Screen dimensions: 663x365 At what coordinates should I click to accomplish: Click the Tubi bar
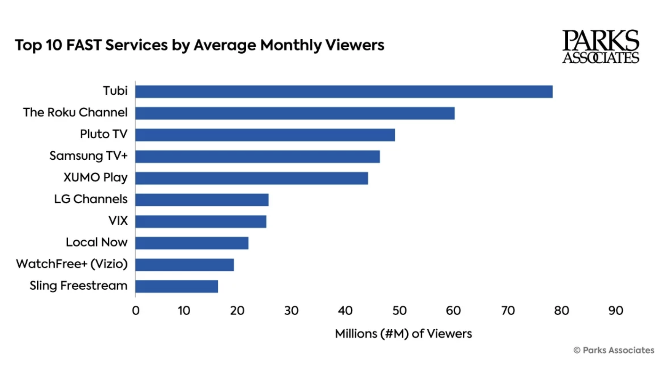[x=344, y=92]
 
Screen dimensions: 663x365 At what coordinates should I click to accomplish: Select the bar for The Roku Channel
[x=295, y=113]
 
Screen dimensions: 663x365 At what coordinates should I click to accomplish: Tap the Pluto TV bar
[x=265, y=135]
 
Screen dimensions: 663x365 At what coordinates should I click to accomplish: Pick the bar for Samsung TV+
[x=258, y=157]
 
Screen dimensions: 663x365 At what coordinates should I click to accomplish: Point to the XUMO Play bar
[x=252, y=178]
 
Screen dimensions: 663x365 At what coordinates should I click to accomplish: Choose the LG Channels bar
[x=202, y=200]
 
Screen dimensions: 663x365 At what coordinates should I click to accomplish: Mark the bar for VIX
[x=201, y=222]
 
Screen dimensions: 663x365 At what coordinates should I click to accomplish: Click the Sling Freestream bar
[x=177, y=287]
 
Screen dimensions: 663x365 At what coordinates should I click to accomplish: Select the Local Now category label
[x=97, y=242]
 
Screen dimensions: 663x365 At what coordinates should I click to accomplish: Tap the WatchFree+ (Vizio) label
[x=72, y=264]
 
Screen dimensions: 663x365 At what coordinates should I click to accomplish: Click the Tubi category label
[x=115, y=91]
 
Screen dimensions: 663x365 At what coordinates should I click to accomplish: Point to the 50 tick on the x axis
[x=400, y=311]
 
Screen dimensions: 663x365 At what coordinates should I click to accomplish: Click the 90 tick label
[x=616, y=311]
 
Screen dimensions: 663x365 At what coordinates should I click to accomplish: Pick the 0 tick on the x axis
[x=136, y=311]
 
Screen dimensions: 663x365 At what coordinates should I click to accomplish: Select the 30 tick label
[x=292, y=311]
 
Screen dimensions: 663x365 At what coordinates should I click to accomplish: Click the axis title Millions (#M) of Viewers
[x=403, y=334]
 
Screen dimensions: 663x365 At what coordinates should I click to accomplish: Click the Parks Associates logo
[x=601, y=46]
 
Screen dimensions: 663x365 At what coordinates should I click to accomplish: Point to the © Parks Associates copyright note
[x=614, y=350]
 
